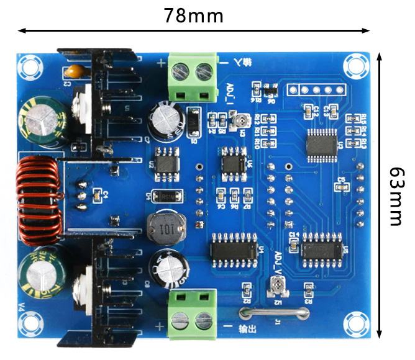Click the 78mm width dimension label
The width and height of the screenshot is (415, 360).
[x=193, y=15]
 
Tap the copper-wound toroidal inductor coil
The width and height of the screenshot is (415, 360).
[x=38, y=200]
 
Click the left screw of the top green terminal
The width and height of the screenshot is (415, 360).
[x=181, y=73]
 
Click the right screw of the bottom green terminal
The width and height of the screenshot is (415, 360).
[x=204, y=321]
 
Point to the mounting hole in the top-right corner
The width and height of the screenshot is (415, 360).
[x=356, y=64]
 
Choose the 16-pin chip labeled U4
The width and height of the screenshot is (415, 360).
[x=234, y=249]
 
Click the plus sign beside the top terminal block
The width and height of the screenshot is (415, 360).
[x=161, y=62]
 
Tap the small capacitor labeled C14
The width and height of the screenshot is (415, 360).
[x=294, y=238]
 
